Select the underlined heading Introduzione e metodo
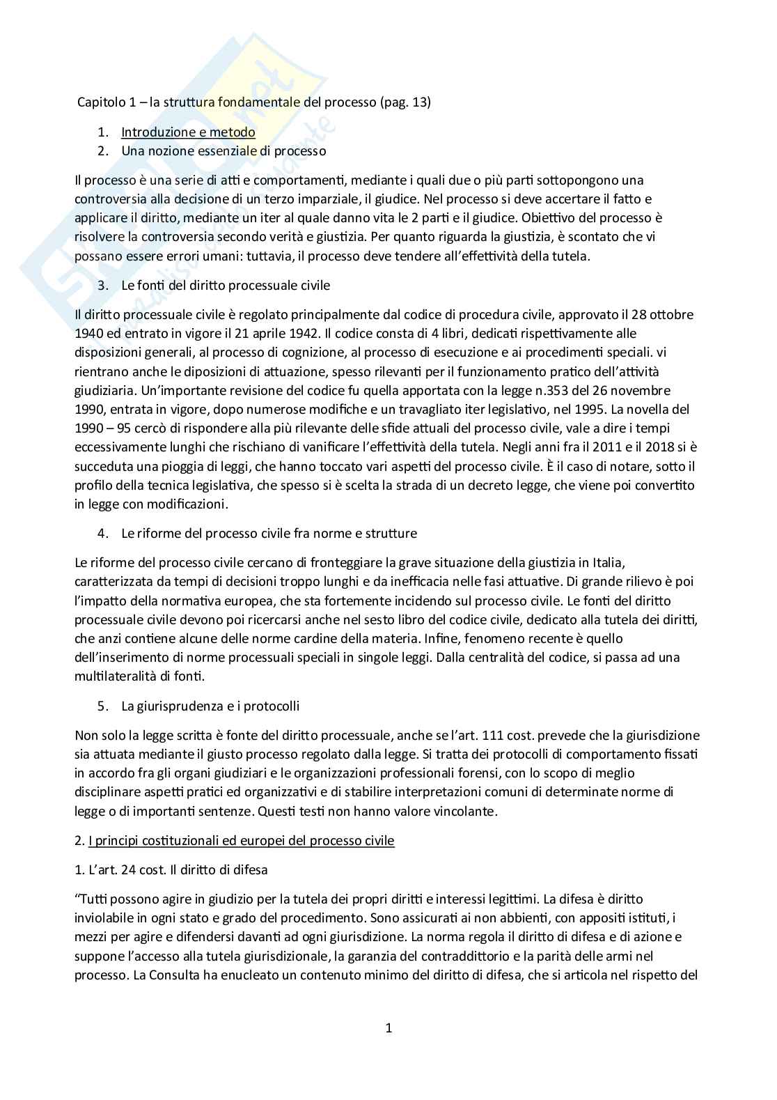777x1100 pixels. [188, 132]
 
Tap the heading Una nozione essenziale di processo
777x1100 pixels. [223, 150]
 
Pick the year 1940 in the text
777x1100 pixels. [88, 334]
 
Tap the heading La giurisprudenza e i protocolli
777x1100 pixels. [210, 706]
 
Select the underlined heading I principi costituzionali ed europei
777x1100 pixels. [241, 840]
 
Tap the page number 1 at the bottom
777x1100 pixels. [388, 1028]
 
